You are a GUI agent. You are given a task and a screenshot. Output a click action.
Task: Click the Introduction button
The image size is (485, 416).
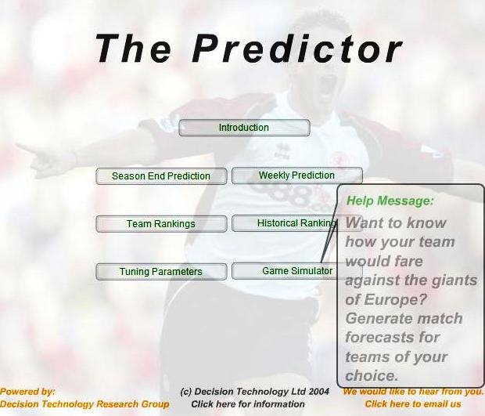[x=244, y=128]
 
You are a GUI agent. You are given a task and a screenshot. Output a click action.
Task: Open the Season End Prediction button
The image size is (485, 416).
[x=161, y=176]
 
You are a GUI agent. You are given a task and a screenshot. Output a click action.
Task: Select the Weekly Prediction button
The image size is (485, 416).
[x=297, y=175]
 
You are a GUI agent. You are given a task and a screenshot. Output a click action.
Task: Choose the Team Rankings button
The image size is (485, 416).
[x=161, y=223]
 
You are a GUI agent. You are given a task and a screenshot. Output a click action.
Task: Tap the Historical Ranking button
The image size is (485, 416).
[x=285, y=223]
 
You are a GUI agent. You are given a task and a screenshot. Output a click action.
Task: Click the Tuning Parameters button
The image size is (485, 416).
[x=161, y=272]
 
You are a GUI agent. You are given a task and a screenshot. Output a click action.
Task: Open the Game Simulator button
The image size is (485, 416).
[x=285, y=271]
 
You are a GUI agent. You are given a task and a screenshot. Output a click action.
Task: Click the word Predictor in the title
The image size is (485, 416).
[x=297, y=49]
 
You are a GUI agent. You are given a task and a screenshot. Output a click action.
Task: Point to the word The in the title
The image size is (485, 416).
[x=133, y=49]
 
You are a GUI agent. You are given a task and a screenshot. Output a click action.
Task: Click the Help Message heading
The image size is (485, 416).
[x=390, y=201]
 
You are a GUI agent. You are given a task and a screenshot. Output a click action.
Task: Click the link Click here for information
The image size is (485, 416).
[x=248, y=404]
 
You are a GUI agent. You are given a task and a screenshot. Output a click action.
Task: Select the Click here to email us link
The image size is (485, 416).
[x=413, y=404]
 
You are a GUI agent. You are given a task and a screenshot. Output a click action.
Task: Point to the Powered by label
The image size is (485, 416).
[x=27, y=392]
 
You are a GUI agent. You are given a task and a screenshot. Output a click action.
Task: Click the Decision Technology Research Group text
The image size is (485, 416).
[x=84, y=404]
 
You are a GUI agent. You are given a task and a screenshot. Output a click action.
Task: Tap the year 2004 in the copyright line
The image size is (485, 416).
[x=318, y=392]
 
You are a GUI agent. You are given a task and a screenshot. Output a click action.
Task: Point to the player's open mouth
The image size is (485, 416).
[x=329, y=83]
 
